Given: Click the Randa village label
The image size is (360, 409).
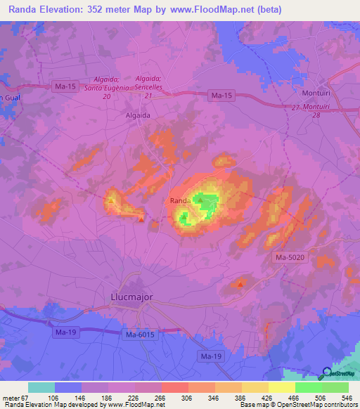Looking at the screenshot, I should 180,200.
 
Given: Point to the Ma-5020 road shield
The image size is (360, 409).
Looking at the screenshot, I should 288,259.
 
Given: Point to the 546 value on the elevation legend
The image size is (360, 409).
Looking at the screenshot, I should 347,397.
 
